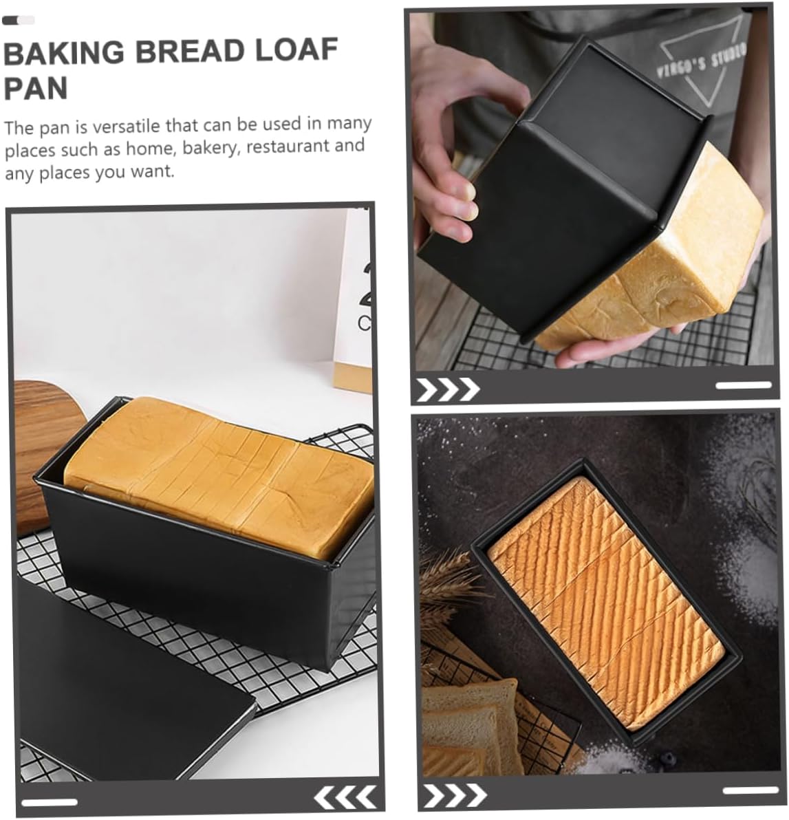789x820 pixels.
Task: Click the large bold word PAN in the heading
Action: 36,89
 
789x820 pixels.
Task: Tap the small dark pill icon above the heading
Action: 18,21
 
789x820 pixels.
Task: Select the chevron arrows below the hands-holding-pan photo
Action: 447,389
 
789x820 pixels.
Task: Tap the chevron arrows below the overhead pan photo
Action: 455,796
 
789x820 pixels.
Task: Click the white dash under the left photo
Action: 49,801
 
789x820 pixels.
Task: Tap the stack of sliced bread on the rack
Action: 468,722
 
